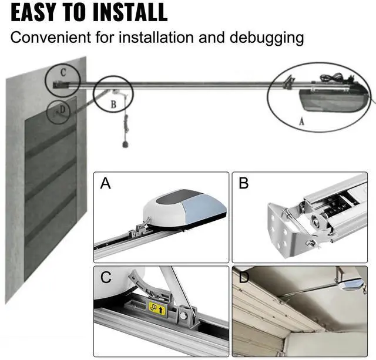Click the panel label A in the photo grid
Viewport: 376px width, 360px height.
[106, 184]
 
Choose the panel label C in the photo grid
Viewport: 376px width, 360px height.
[106, 277]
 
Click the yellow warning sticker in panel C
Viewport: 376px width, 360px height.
[157, 308]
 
